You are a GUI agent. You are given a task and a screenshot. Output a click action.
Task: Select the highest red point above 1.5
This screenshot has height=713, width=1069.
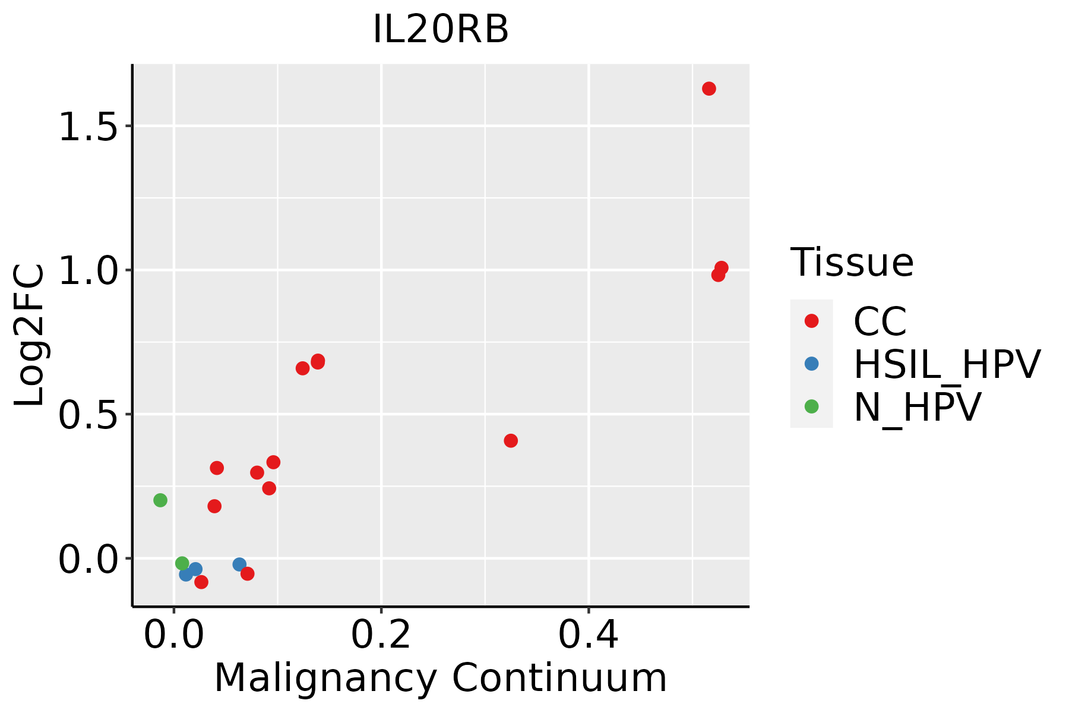(709, 89)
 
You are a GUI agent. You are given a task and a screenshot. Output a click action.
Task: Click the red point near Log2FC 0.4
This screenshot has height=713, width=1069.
(511, 441)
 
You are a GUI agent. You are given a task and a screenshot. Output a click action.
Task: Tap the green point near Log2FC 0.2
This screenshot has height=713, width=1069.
(160, 500)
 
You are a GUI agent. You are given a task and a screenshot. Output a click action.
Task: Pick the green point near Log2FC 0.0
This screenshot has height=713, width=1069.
(182, 563)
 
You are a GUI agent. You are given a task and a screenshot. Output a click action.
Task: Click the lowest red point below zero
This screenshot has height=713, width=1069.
(201, 582)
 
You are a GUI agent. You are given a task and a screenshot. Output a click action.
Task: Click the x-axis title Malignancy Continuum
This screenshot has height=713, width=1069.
(440, 678)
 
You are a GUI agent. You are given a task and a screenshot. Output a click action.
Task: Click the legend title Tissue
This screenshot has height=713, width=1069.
(852, 263)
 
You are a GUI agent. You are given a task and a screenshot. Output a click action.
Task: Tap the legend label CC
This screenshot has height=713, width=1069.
(880, 321)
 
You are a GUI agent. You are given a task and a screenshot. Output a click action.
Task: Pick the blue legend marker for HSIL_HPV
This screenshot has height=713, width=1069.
(811, 364)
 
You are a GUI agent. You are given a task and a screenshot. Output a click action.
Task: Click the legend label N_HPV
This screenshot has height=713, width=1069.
(917, 407)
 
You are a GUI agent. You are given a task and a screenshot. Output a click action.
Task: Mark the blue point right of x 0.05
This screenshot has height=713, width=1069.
(239, 564)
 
